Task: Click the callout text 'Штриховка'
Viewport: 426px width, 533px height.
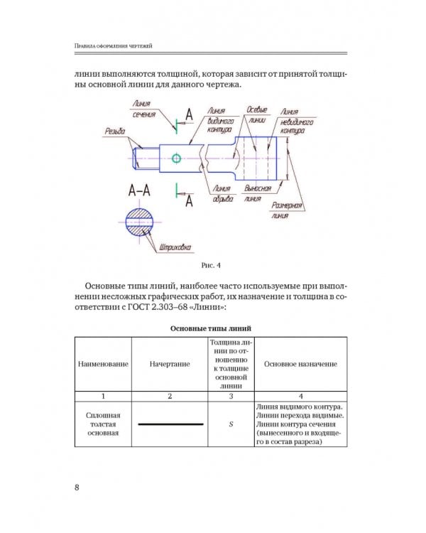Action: click(173, 248)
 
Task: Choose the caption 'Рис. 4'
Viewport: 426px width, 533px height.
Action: click(212, 266)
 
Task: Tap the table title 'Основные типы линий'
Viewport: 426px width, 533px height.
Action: click(212, 328)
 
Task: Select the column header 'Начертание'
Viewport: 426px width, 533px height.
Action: click(169, 364)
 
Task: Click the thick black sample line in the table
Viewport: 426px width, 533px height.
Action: click(169, 424)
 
